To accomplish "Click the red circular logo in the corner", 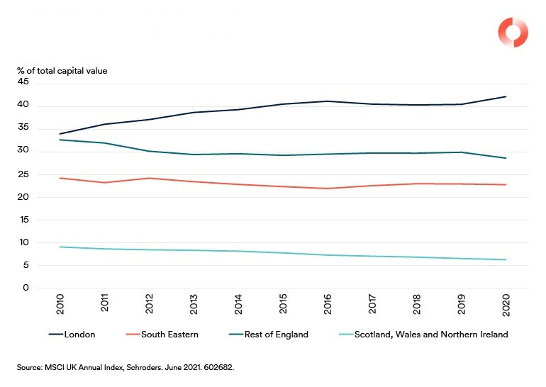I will pos(512,33).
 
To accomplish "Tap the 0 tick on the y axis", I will pos(26,288).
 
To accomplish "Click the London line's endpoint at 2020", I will pos(506,96).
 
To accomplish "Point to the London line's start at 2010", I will pos(61,134).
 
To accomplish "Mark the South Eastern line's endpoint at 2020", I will pos(506,185).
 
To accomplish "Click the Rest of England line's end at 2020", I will pos(506,158).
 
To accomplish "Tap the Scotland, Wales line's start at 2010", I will pos(61,247).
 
